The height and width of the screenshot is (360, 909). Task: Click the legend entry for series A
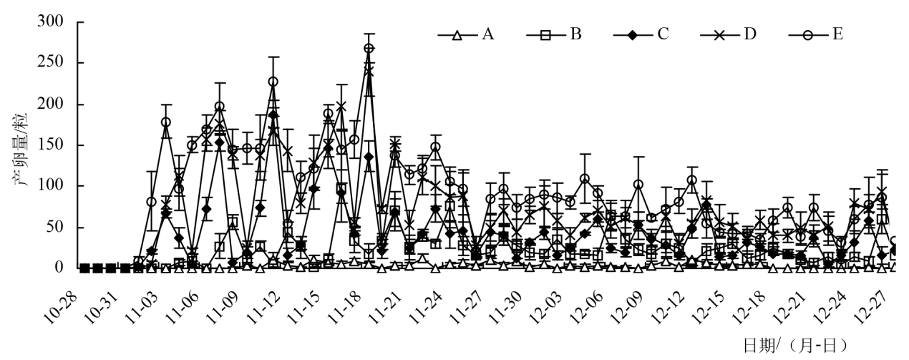[x=469, y=34]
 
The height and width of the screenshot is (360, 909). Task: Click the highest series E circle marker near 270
[x=369, y=49]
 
